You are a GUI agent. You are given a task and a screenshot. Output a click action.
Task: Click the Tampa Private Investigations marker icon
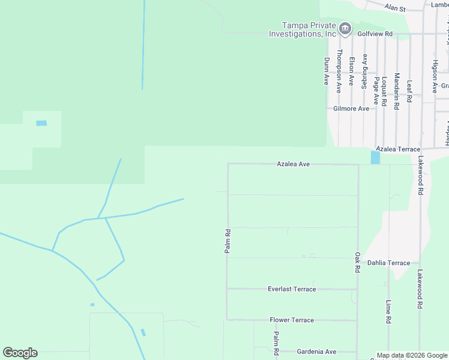point(345,28)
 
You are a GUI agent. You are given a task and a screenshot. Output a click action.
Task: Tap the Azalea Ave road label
point(293,163)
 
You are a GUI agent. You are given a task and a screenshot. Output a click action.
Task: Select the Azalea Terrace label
point(398,148)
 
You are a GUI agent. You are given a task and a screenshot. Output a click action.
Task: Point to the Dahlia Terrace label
point(388,263)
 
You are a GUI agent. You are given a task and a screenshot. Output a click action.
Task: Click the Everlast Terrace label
point(292,289)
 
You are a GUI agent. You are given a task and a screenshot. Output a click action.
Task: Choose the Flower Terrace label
point(292,320)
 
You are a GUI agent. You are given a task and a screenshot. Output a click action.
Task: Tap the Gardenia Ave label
point(316,352)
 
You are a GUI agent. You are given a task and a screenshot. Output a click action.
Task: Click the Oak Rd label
point(357,263)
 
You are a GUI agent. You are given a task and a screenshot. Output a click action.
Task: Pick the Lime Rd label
point(389,312)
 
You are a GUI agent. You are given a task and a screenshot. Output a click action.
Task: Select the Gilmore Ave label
point(351,109)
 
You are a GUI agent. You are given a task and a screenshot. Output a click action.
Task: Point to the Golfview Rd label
point(376,34)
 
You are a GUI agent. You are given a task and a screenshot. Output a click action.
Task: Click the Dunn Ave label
point(327,71)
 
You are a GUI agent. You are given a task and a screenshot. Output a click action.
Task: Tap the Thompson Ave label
point(339,71)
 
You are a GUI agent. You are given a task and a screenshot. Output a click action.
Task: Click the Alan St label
point(396,9)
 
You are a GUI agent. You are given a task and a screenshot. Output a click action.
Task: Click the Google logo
point(20,353)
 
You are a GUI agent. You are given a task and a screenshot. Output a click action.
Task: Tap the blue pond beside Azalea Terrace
point(375,157)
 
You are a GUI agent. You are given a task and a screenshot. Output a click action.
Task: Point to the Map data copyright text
point(411,355)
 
